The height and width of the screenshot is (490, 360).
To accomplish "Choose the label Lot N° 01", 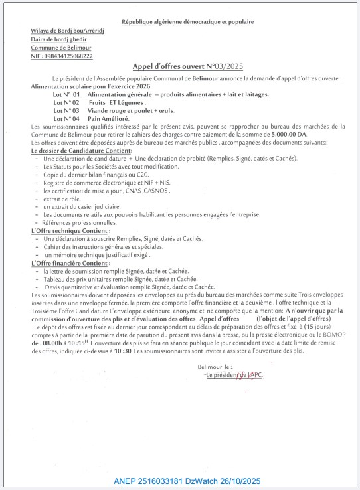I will click(66, 95).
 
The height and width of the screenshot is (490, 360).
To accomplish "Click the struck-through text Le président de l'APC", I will click(234, 375).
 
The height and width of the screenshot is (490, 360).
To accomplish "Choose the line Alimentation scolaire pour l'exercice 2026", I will click(90, 87).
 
